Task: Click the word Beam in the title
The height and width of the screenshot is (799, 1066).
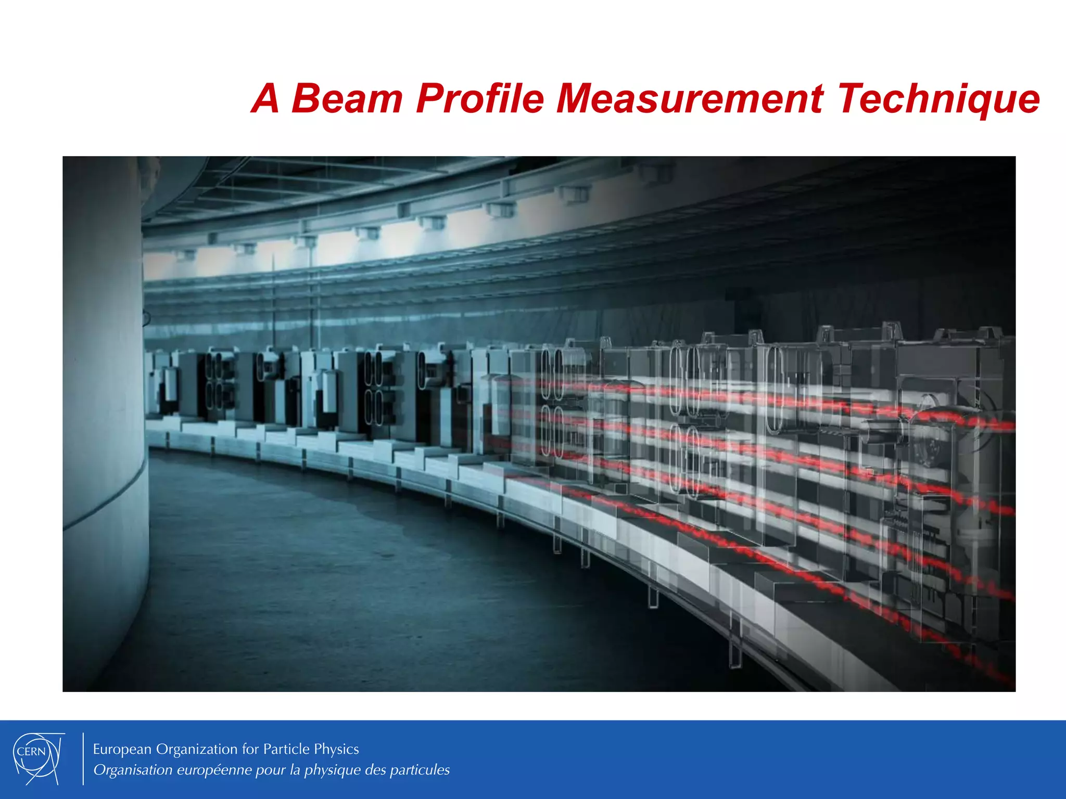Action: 347,98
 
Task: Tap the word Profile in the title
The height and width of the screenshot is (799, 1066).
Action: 479,98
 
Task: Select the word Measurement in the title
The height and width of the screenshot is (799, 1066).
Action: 690,98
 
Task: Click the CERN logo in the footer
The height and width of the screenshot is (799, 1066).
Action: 38,758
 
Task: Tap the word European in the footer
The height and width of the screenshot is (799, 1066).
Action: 122,749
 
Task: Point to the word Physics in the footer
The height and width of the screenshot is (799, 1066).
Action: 336,750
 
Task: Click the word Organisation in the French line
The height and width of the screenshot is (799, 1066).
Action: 133,770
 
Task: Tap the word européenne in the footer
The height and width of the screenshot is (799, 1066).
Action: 214,770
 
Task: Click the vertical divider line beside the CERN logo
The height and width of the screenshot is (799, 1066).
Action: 83,758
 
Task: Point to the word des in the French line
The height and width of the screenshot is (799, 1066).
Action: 375,770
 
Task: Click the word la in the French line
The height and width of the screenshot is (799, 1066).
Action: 295,770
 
